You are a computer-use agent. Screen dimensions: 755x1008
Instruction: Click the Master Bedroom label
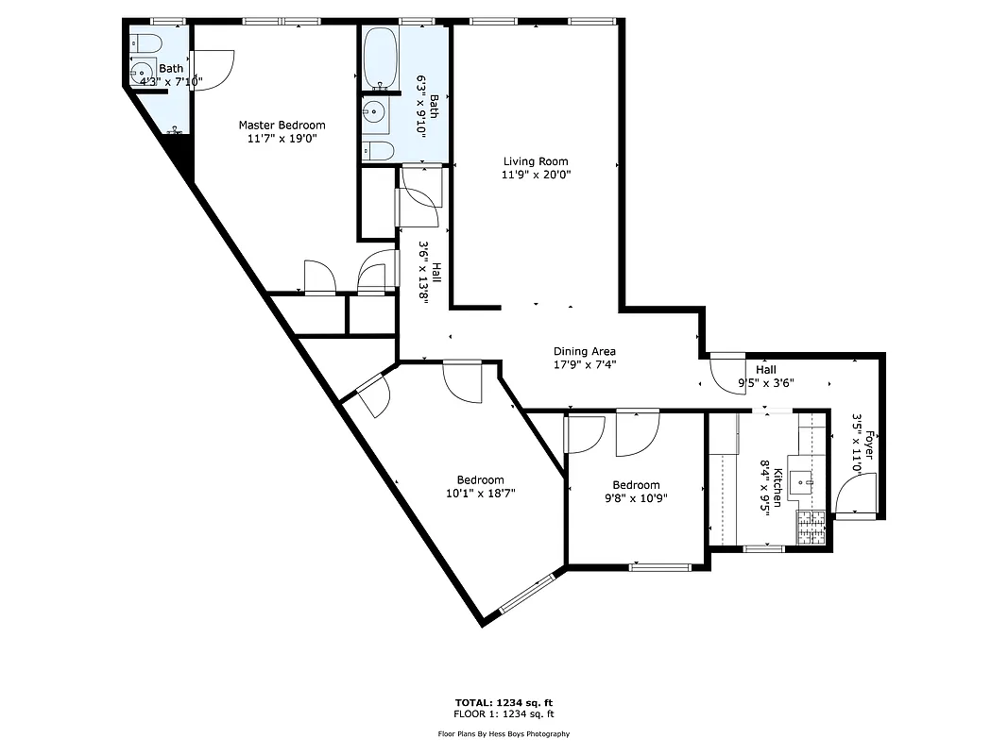(282, 125)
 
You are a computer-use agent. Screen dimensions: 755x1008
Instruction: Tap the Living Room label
(536, 161)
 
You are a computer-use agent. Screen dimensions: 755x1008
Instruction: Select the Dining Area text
(584, 352)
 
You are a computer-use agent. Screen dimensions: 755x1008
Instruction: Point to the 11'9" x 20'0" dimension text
(536, 175)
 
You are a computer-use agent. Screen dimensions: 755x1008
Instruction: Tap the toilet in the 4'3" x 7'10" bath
(145, 43)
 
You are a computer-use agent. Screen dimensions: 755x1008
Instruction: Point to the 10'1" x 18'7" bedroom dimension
(480, 493)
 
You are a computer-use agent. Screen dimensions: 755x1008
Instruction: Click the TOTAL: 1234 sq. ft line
(503, 702)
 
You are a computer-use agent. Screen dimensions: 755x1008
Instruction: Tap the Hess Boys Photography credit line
(503, 733)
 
